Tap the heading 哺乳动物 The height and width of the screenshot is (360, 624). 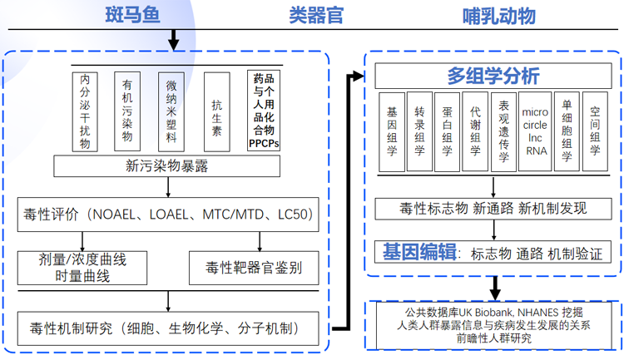pyautogui.click(x=499, y=15)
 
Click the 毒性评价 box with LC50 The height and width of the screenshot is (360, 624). pyautogui.click(x=166, y=214)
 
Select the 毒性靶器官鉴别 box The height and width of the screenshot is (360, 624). pyautogui.click(x=254, y=268)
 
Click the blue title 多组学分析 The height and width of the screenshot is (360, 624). pyautogui.click(x=493, y=76)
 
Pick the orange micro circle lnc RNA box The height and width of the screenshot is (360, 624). pyautogui.click(x=535, y=131)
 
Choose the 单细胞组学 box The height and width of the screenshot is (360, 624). pyautogui.click(x=567, y=131)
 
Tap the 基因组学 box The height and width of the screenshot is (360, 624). pyautogui.click(x=392, y=131)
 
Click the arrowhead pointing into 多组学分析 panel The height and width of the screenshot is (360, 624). pyautogui.click(x=359, y=76)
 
